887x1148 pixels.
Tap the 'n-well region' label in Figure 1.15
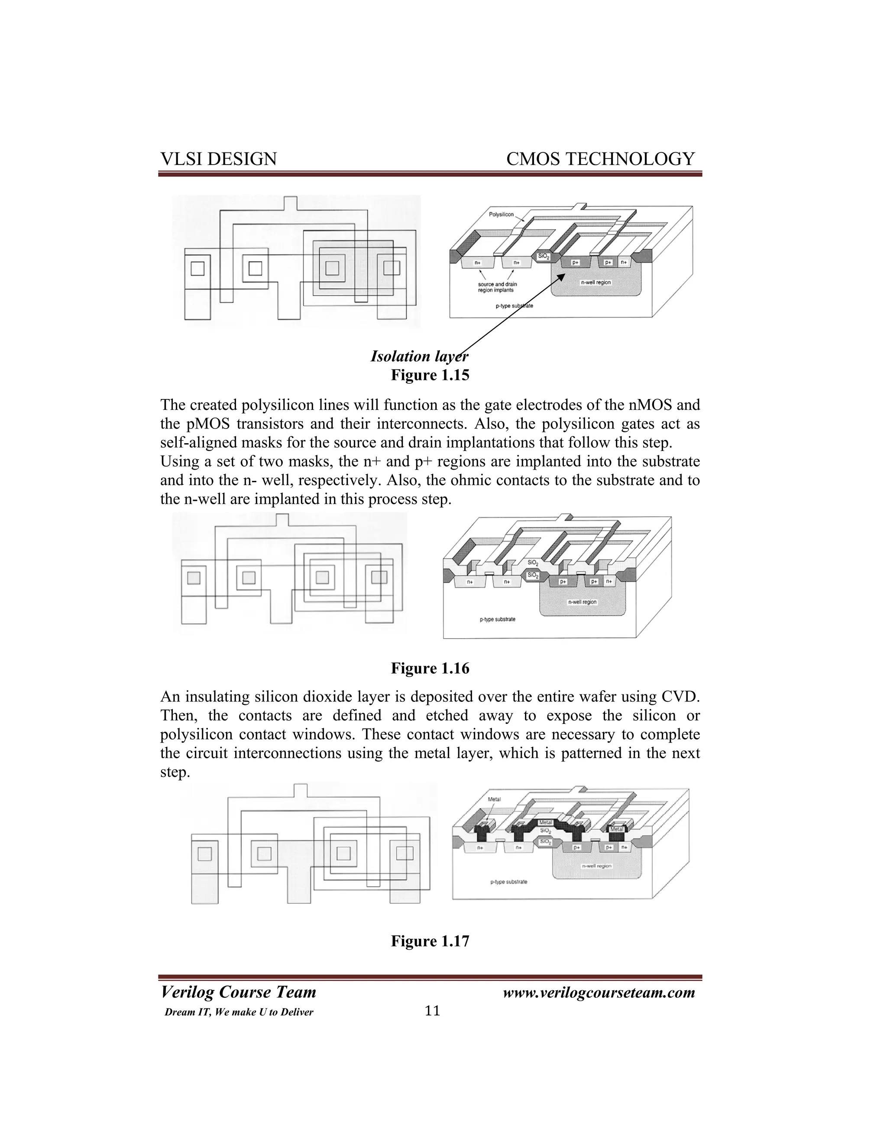point(596,282)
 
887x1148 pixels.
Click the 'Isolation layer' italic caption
point(419,357)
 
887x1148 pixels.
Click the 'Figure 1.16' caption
point(430,668)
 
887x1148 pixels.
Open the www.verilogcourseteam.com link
point(599,992)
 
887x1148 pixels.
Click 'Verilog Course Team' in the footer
point(238,992)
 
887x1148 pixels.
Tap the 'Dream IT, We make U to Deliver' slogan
point(239,1012)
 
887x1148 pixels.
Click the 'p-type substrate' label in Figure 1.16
point(497,619)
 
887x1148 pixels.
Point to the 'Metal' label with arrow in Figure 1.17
point(494,800)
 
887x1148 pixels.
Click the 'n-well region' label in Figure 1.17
point(596,866)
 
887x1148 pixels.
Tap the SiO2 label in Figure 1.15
point(543,257)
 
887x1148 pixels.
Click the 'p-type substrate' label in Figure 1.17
point(508,882)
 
